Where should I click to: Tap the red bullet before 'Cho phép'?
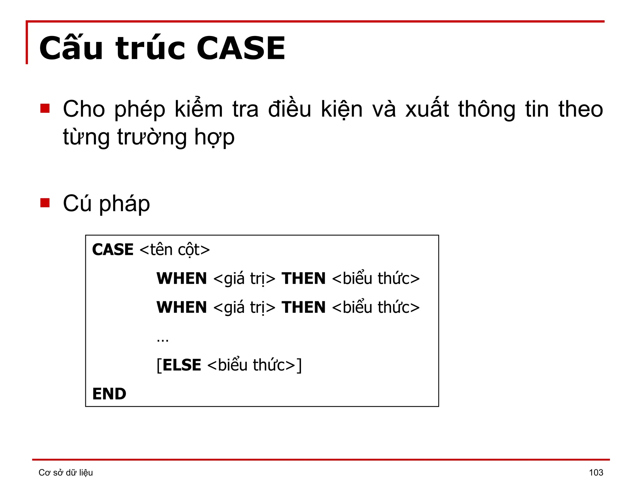(45, 108)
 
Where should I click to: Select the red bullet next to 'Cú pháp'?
(45, 203)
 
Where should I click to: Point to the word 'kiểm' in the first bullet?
(199, 109)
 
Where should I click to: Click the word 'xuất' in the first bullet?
(427, 109)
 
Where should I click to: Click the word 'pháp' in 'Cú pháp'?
(124, 204)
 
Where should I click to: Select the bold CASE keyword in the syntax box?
(113, 250)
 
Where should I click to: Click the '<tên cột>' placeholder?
(175, 250)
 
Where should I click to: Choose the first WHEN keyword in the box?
(182, 278)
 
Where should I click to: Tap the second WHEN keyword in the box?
(182, 307)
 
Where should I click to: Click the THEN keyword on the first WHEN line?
(303, 278)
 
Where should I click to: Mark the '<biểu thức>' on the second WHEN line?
(376, 307)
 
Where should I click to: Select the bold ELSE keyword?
(182, 365)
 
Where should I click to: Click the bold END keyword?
(109, 394)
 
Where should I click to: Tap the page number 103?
(596, 472)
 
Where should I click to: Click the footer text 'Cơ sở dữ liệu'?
(66, 472)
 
